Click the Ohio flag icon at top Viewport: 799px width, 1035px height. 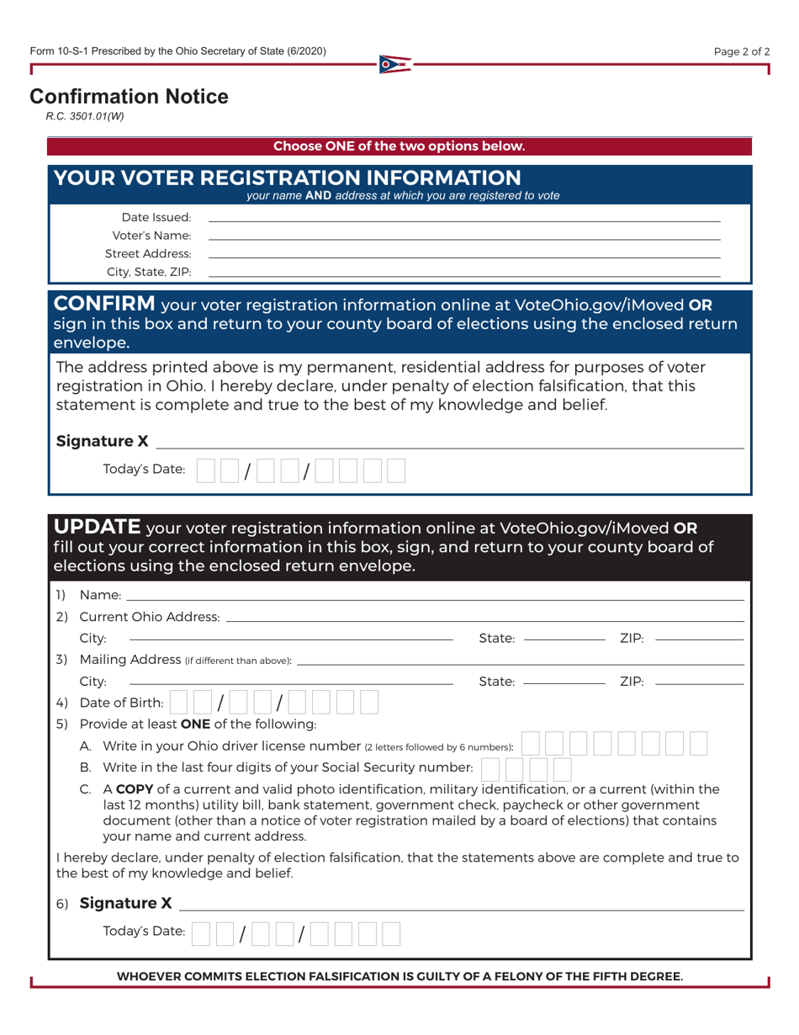[395, 64]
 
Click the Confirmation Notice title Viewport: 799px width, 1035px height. [129, 97]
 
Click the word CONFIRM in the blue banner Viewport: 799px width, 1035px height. [104, 303]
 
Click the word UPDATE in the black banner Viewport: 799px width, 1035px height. [97, 527]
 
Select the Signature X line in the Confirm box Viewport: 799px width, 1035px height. [450, 446]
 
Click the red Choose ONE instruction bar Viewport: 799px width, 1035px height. [399, 146]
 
